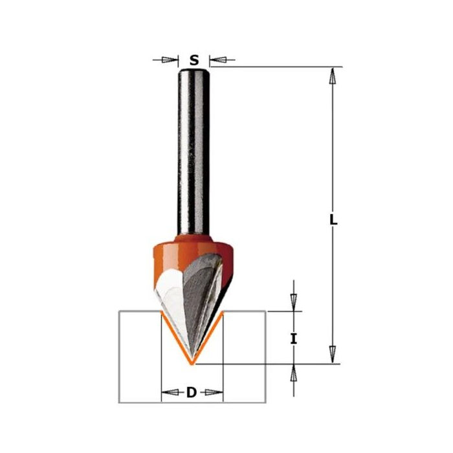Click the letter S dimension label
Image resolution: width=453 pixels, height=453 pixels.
point(193,61)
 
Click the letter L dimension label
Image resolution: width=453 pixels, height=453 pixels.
point(333,220)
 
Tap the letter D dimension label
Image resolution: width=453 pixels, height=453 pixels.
point(192,392)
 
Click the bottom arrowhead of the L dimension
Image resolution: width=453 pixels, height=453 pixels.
point(333,354)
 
